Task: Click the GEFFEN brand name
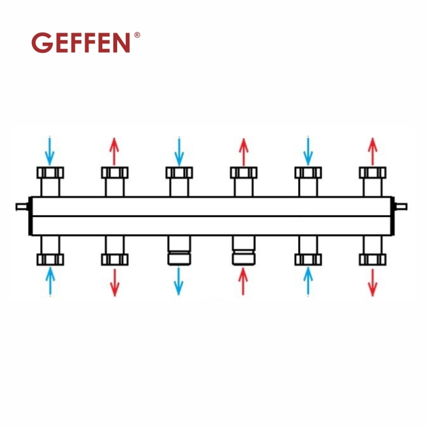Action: tap(81, 43)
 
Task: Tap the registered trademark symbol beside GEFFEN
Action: tap(137, 35)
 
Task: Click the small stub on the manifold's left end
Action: tap(22, 207)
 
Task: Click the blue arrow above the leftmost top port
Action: tap(50, 151)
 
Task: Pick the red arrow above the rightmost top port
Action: tap(372, 151)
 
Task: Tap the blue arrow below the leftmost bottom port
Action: tap(50, 281)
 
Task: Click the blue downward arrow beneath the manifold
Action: tap(179, 281)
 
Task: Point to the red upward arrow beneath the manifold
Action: tap(243, 281)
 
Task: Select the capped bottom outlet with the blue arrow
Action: tap(179, 251)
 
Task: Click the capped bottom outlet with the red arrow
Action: tap(243, 251)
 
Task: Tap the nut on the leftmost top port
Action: tap(50, 173)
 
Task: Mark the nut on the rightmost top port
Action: tap(372, 173)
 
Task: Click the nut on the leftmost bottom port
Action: tap(50, 259)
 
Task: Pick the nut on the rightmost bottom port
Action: tap(372, 259)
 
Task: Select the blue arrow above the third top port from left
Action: tap(179, 151)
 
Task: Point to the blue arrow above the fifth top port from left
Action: tap(308, 151)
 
